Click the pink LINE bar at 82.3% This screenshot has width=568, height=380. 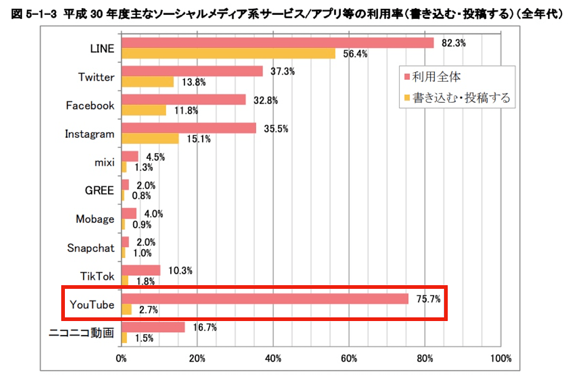277,43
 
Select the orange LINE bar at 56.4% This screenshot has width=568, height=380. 228,53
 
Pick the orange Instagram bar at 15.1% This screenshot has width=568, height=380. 150,139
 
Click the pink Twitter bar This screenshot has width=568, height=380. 192,71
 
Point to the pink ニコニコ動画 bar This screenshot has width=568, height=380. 153,327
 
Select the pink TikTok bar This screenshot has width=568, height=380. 141,270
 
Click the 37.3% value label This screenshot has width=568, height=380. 282,72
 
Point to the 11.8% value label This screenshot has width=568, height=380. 186,111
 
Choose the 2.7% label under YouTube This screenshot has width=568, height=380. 148,310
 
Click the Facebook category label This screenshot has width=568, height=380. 90,106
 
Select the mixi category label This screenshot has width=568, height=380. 104,162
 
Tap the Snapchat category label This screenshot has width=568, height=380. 91,248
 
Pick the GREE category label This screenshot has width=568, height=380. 99,190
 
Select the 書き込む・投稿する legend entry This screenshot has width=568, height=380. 461,98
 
